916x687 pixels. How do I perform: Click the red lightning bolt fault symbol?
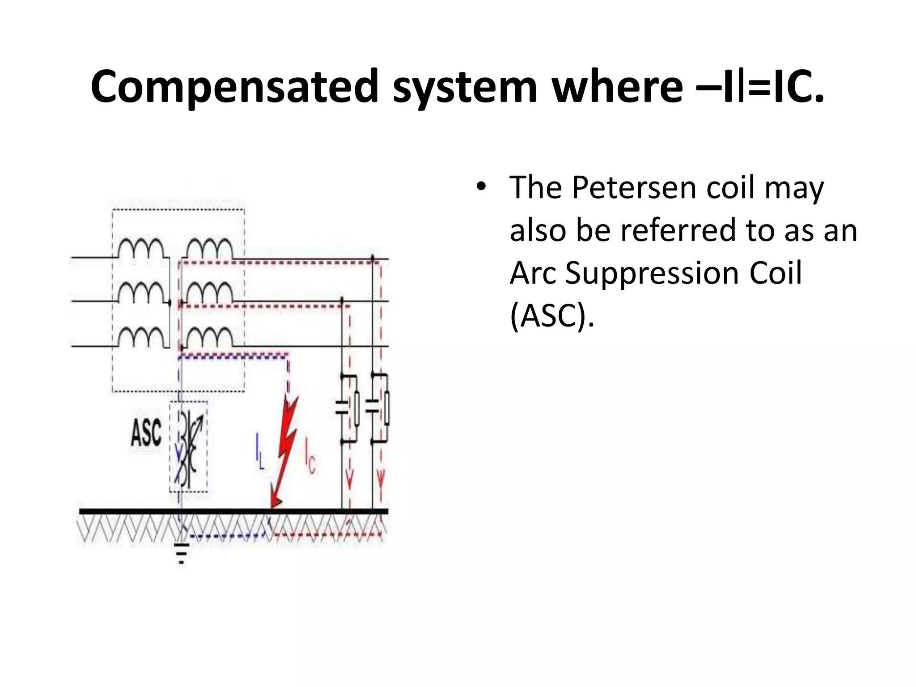coord(285,452)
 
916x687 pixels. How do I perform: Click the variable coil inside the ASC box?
coord(188,447)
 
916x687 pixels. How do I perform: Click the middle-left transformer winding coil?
coord(141,293)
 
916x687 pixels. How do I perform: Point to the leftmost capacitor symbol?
coord(342,407)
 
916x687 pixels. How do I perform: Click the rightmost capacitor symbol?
coord(373,407)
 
